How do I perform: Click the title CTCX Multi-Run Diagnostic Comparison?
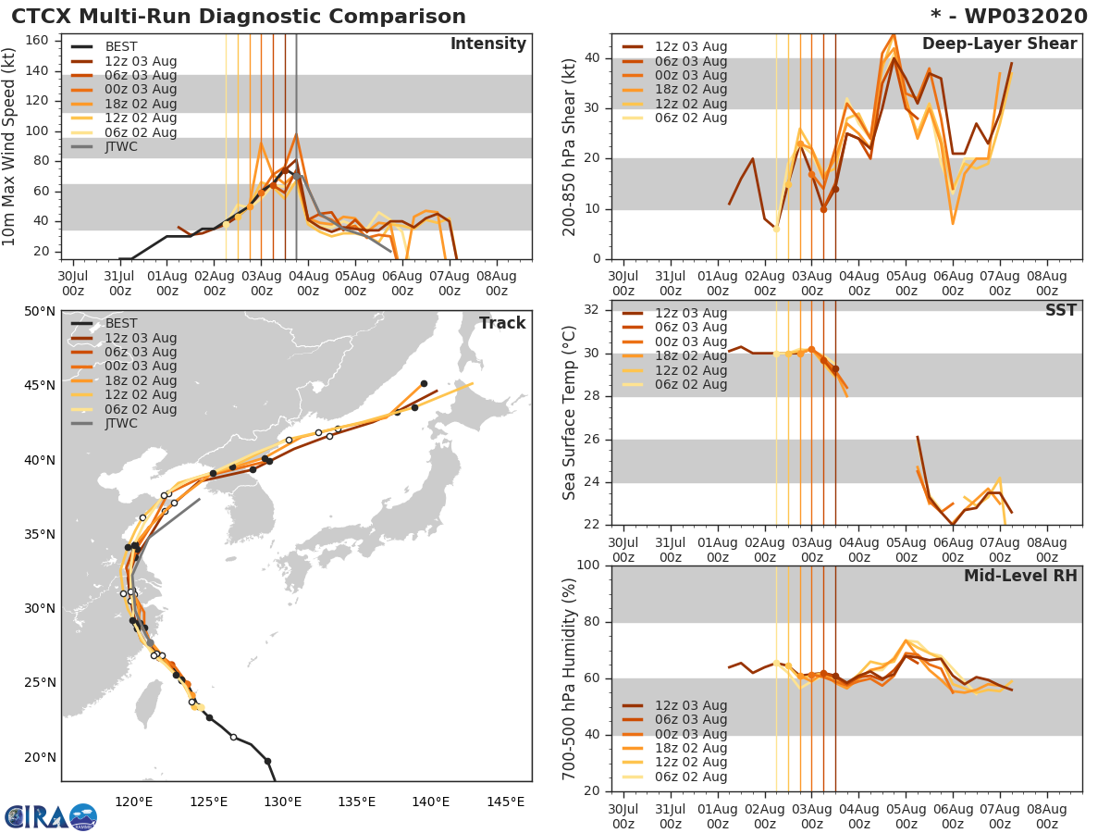pyautogui.click(x=239, y=17)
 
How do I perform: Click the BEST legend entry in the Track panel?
pyautogui.click(x=121, y=323)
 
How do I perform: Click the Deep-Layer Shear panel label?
pyautogui.click(x=999, y=44)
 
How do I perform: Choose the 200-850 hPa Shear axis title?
pyautogui.click(x=571, y=146)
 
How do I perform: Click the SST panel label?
pyautogui.click(x=1061, y=310)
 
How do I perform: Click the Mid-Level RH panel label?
pyautogui.click(x=1020, y=576)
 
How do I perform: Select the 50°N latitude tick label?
pyautogui.click(x=40, y=311)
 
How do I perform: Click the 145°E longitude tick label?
pyautogui.click(x=505, y=802)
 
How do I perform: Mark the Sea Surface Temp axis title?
pyautogui.click(x=571, y=413)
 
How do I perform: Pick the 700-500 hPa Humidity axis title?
pyautogui.click(x=571, y=678)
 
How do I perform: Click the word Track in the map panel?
pyautogui.click(x=501, y=323)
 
